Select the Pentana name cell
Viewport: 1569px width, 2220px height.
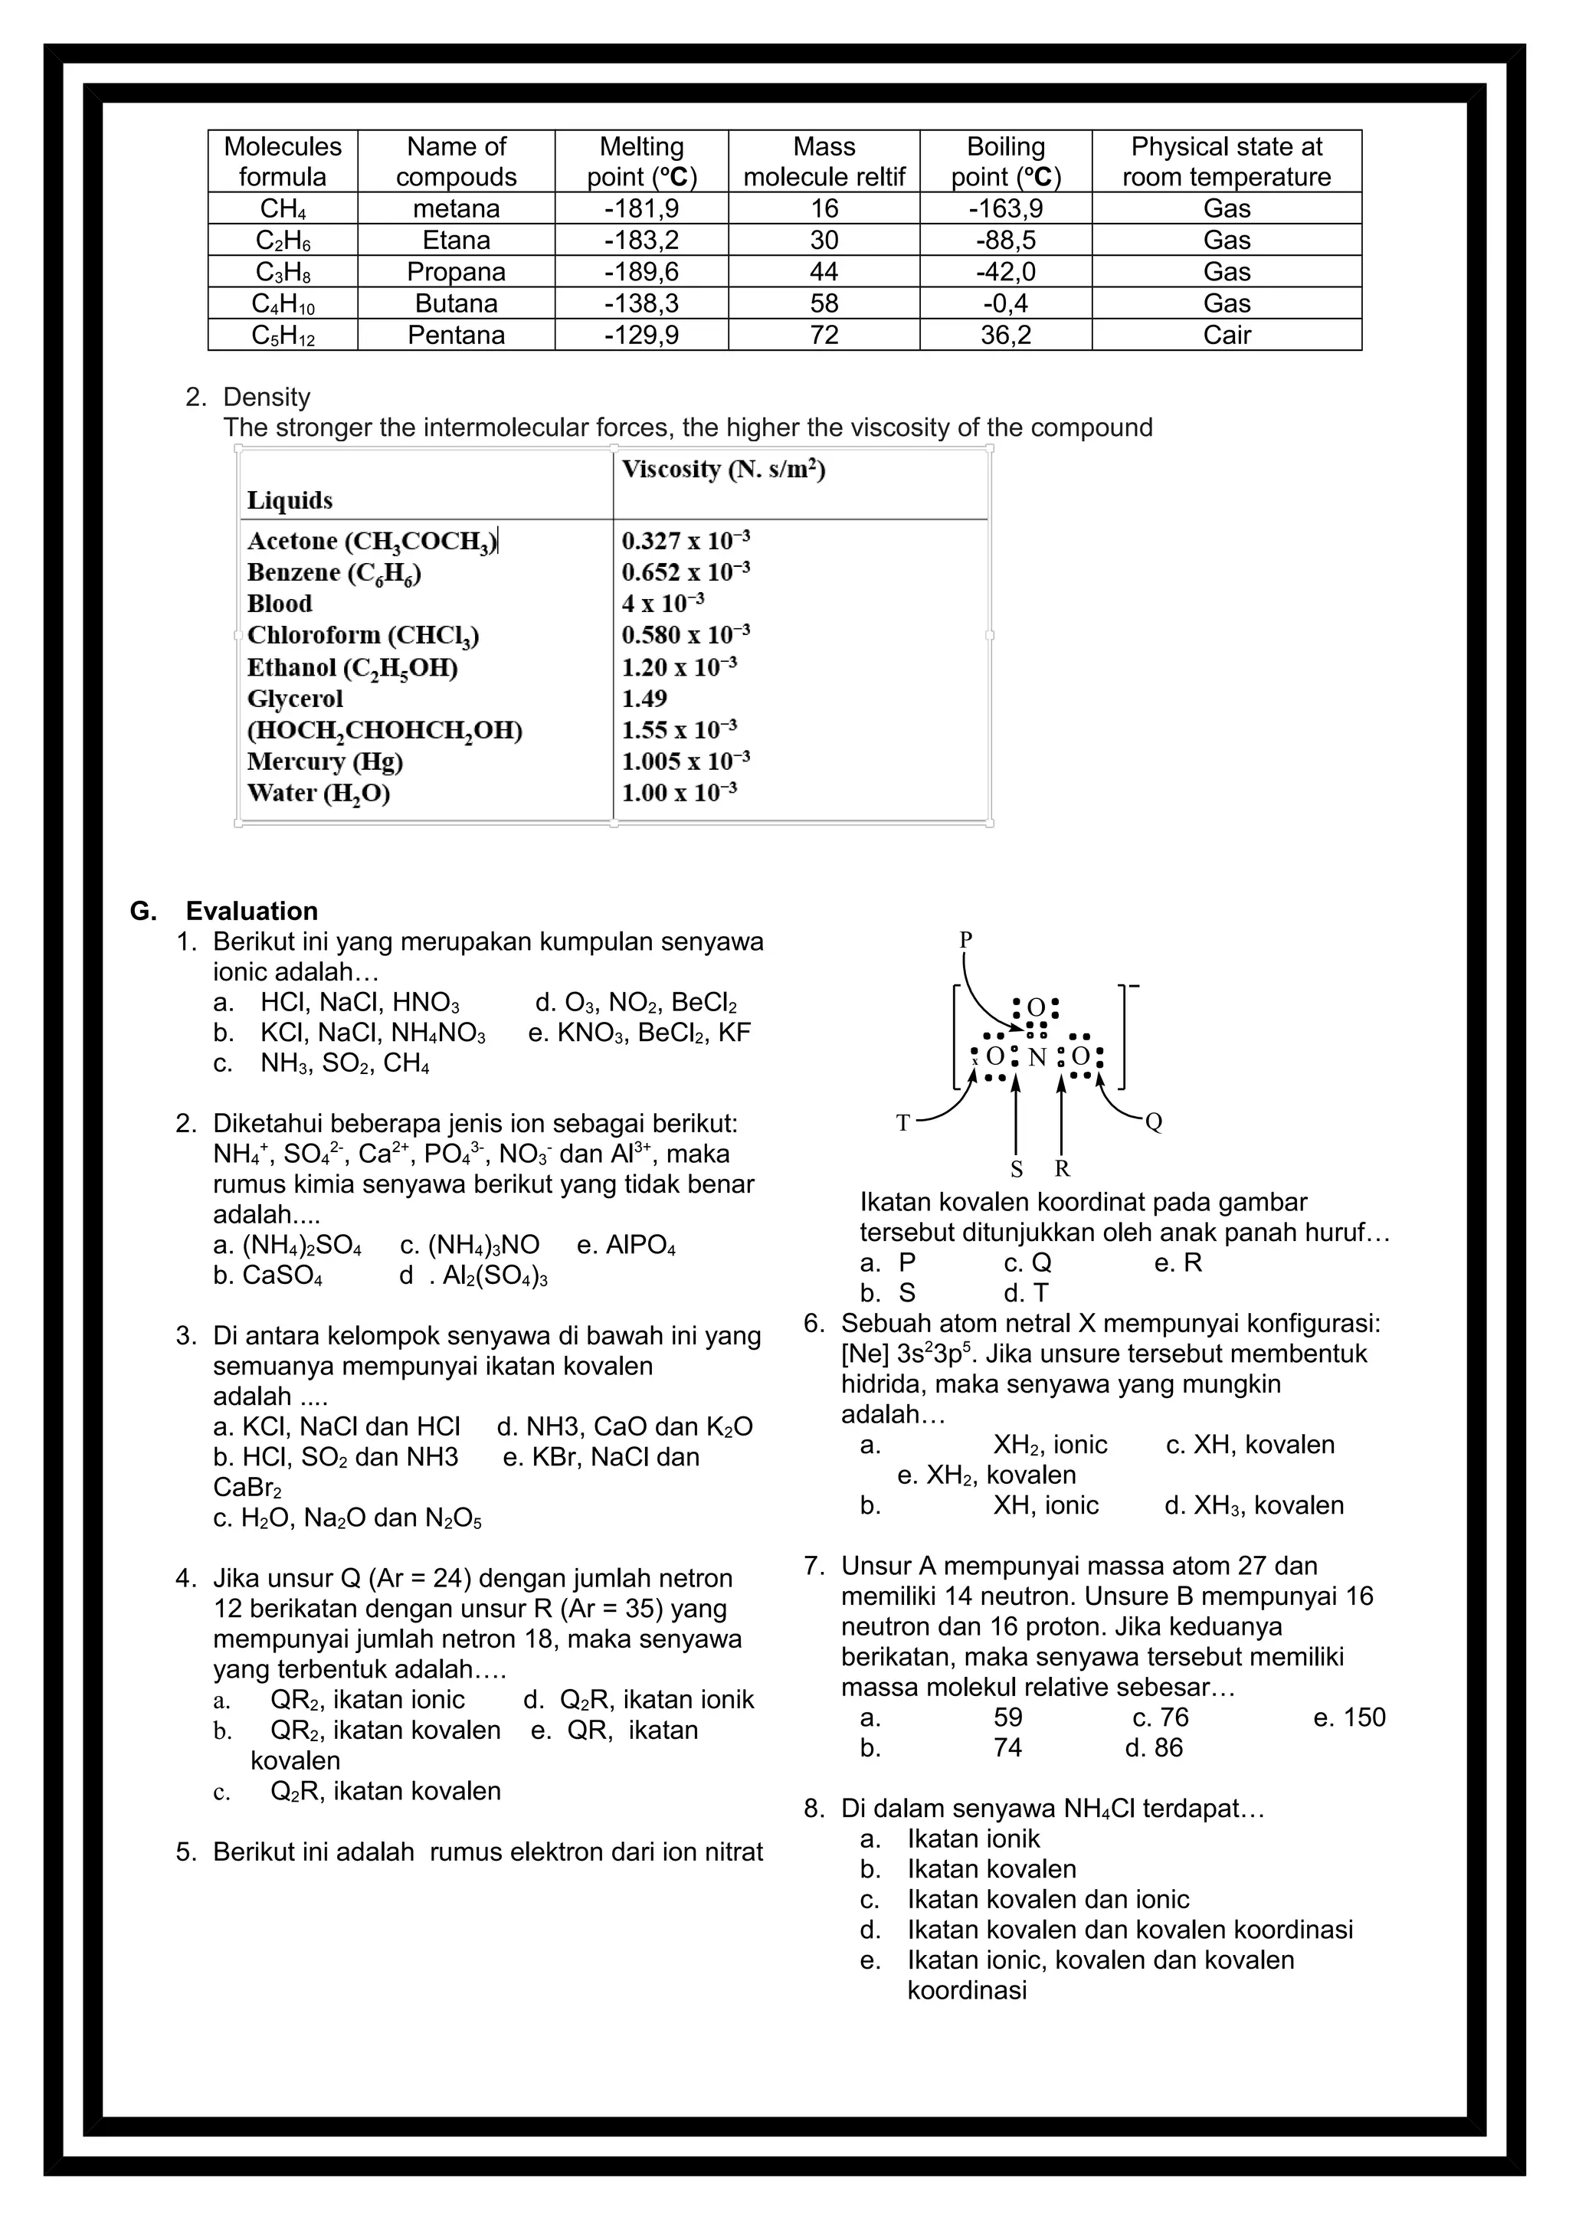457,336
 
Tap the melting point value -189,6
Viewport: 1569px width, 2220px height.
641,272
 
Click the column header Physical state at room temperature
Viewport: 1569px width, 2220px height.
1226,162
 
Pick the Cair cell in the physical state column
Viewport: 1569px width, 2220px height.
1226,336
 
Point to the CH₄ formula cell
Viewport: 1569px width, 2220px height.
282,209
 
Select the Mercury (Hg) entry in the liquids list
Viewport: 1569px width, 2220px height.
325,762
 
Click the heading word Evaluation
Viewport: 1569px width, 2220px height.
251,911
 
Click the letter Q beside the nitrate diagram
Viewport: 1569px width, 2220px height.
1152,1122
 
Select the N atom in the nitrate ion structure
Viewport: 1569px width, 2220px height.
1037,1058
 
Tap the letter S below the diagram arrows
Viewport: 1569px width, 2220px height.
1016,1170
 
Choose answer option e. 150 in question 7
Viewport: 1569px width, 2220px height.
1350,1717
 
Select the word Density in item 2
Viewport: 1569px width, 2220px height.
266,398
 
